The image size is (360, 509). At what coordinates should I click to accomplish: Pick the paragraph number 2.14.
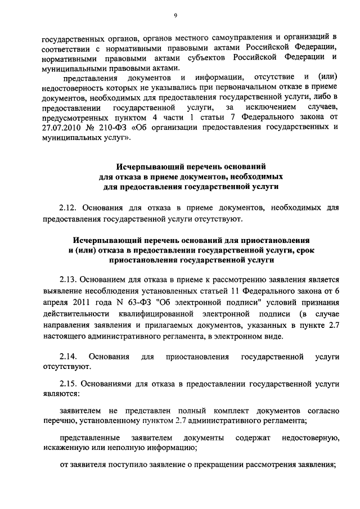(x=68, y=357)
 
